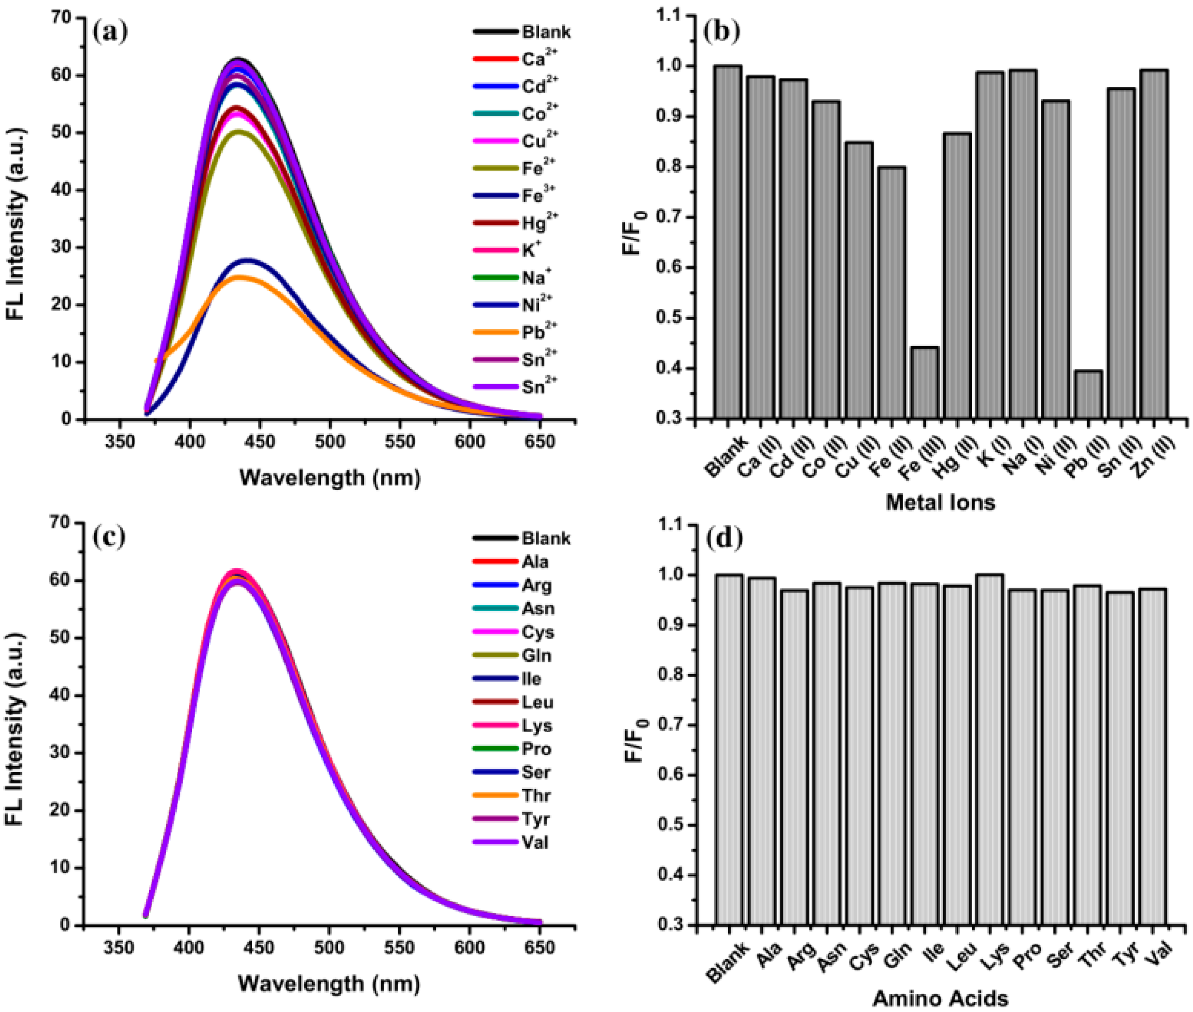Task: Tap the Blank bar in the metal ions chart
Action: [x=728, y=241]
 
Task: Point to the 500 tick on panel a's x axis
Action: [x=329, y=442]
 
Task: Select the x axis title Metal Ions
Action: [x=940, y=503]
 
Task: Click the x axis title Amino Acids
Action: [x=940, y=999]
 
